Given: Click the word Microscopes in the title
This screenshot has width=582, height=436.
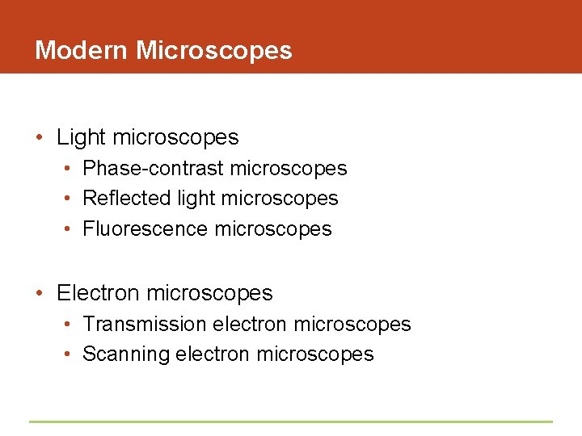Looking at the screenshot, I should coord(214,50).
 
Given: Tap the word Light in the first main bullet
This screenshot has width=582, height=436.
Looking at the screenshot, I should coord(81,137).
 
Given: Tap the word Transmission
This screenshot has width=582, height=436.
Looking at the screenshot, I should coord(145,324).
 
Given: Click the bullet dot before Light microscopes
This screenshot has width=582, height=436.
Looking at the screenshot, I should coord(40,137).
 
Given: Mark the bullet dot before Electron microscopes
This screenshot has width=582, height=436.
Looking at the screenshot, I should coord(40,292).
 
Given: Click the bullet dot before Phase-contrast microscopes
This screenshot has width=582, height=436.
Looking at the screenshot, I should coord(69,169).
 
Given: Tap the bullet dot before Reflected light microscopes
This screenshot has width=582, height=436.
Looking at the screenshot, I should coord(69,199).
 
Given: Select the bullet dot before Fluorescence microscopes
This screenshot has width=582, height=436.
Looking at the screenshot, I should coord(69,229).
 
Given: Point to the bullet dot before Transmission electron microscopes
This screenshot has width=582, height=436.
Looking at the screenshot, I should coord(69,325).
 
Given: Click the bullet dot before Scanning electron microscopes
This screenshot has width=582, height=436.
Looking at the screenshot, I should coord(69,354).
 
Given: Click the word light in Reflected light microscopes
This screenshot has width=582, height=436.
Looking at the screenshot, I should coord(195,198).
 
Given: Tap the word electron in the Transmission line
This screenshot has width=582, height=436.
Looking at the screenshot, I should coord(250,324).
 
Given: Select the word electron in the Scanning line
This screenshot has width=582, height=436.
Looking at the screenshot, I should coord(213,354).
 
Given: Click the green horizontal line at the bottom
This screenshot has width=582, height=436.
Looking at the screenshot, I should coord(291,421).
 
